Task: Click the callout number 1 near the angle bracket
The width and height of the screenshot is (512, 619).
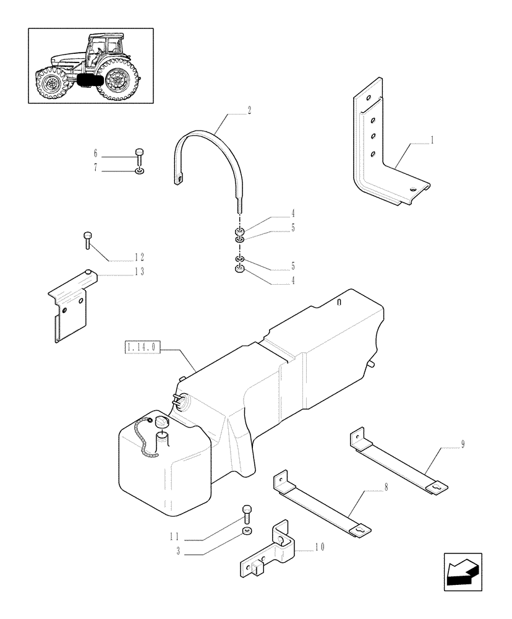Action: click(432, 141)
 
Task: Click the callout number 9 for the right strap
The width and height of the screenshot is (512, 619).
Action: click(463, 444)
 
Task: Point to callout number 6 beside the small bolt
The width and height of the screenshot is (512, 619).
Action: click(96, 153)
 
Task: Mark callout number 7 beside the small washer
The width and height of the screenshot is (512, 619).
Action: click(96, 167)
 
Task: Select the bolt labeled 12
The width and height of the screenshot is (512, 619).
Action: click(87, 239)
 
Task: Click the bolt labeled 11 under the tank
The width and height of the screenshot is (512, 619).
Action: click(247, 512)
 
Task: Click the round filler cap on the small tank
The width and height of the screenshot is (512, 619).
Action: click(163, 422)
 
